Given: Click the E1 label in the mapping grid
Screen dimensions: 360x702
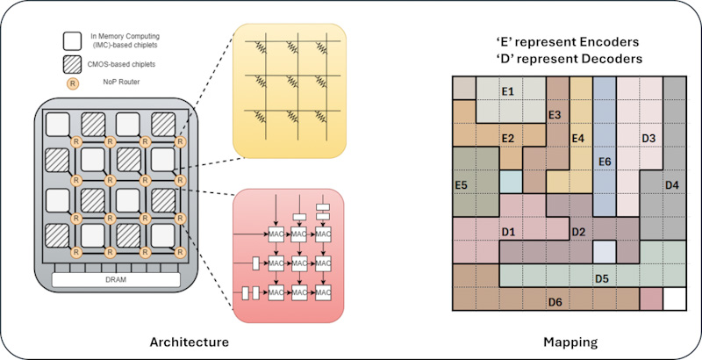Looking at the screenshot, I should tap(506, 91).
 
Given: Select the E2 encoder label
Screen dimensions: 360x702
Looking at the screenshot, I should tap(506, 138).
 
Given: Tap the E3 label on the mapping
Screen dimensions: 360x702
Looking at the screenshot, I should tap(554, 115).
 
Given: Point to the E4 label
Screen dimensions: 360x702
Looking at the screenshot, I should tap(577, 138).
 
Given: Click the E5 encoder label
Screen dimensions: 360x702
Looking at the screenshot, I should tap(460, 184).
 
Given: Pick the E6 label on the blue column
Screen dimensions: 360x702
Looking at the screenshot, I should tap(604, 162).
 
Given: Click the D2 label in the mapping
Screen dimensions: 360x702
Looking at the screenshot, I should tap(577, 232).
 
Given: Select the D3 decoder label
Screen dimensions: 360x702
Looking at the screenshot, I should tap(648, 138).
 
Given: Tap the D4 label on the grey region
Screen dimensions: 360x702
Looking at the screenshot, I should tap(671, 184).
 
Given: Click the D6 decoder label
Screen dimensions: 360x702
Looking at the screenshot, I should tap(555, 302).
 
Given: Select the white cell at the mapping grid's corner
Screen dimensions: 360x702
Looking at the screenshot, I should tap(674, 299).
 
